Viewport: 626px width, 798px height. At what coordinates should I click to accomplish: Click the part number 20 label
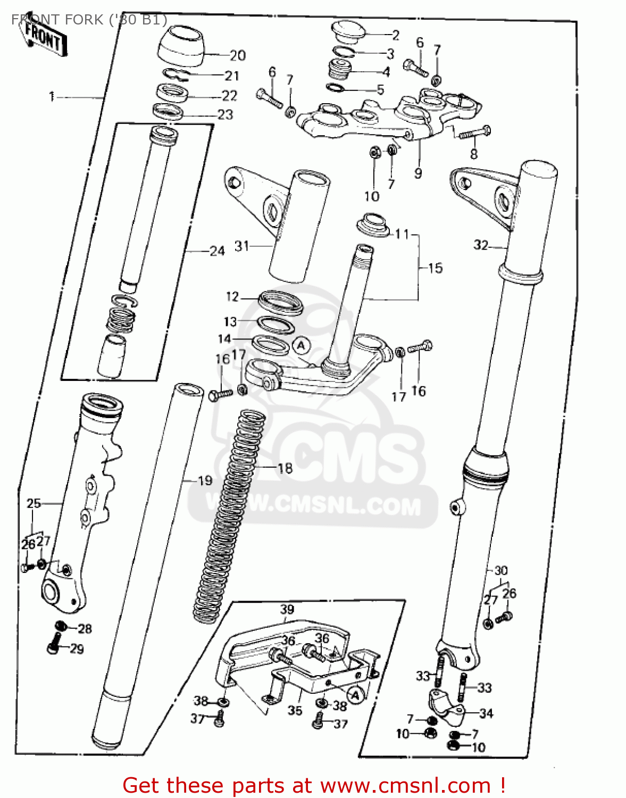pyautogui.click(x=237, y=55)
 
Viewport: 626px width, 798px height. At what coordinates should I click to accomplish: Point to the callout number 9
pyautogui.click(x=418, y=173)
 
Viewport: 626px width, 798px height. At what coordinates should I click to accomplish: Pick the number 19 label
pyautogui.click(x=205, y=480)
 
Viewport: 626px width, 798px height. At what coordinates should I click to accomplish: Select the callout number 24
pyautogui.click(x=217, y=251)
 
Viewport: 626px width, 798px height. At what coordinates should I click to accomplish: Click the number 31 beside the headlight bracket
pyautogui.click(x=241, y=246)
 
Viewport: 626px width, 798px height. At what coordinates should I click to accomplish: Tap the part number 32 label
pyautogui.click(x=481, y=245)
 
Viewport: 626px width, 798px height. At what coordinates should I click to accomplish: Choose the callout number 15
pyautogui.click(x=435, y=268)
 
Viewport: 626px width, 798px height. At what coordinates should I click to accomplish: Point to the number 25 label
pyautogui.click(x=34, y=503)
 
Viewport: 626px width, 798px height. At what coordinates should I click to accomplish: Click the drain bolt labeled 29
pyautogui.click(x=54, y=647)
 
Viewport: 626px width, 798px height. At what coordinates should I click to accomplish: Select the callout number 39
pyautogui.click(x=287, y=610)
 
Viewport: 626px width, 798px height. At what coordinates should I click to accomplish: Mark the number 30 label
pyautogui.click(x=501, y=570)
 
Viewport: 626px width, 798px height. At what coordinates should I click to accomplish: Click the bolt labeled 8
pyautogui.click(x=474, y=133)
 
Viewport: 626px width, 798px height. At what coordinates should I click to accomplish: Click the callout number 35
pyautogui.click(x=295, y=710)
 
